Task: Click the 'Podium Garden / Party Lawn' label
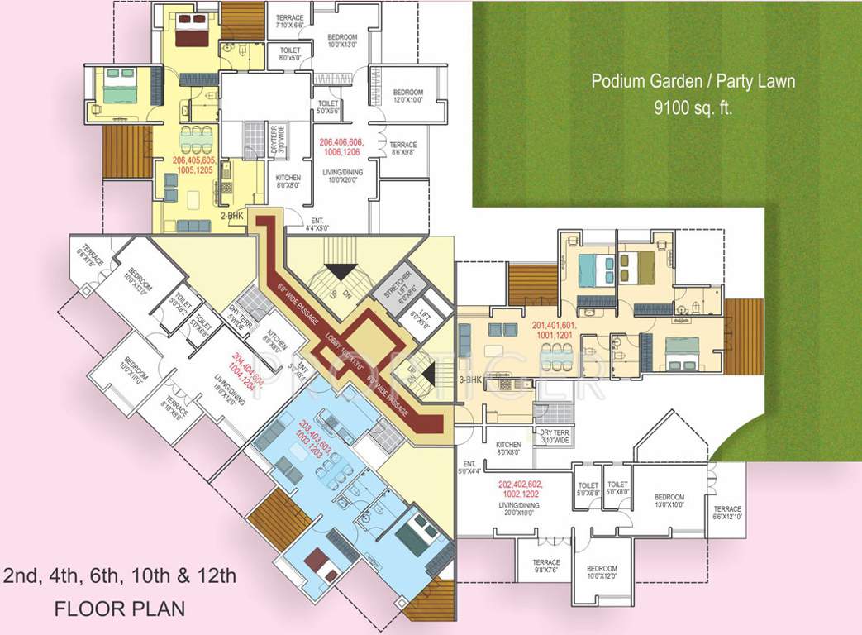693,82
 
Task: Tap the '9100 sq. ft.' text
693,107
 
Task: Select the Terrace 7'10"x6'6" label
289,21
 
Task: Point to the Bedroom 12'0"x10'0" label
408,96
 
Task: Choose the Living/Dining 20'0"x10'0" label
519,508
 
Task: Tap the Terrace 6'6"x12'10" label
728,513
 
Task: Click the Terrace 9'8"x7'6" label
546,566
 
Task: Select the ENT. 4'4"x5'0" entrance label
317,224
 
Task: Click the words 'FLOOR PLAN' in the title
120,609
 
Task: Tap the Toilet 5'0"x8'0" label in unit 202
618,489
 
